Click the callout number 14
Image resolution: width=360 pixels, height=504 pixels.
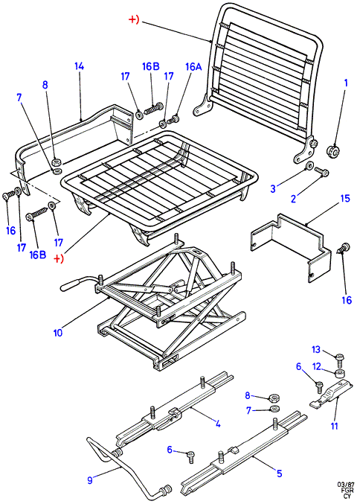pyautogui.click(x=79, y=66)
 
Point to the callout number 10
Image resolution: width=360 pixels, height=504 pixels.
pyautogui.click(x=58, y=332)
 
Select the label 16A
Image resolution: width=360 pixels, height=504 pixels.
pyautogui.click(x=193, y=66)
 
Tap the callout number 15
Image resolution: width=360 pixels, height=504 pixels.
pyautogui.click(x=345, y=198)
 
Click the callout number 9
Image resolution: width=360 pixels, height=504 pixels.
pyautogui.click(x=90, y=480)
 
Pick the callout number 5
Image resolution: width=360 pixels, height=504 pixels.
pyautogui.click(x=279, y=473)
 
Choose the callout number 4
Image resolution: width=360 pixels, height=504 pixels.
pyautogui.click(x=218, y=424)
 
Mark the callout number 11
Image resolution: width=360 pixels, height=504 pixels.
pyautogui.click(x=335, y=426)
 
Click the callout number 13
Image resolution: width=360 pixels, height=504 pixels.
pyautogui.click(x=316, y=349)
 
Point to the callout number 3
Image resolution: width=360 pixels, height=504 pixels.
pyautogui.click(x=273, y=188)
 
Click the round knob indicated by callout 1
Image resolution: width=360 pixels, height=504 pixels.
pyautogui.click(x=332, y=151)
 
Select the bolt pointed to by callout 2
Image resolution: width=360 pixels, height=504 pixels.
pyautogui.click(x=321, y=171)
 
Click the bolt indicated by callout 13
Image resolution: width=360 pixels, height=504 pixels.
pyautogui.click(x=340, y=360)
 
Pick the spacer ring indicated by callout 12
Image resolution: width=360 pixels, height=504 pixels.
pyautogui.click(x=340, y=374)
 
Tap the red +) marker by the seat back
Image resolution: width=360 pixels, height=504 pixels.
pyautogui.click(x=134, y=19)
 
